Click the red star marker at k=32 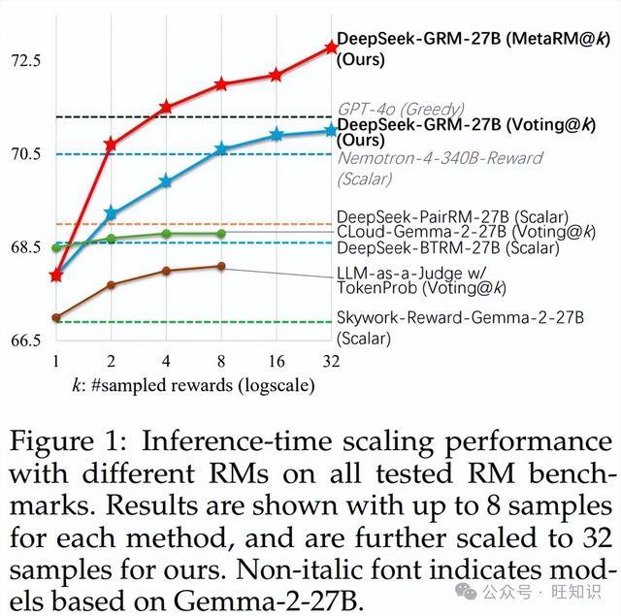point(331,48)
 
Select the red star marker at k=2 point(111,145)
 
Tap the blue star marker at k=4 point(166,181)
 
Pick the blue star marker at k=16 point(277,135)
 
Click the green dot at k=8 point(221,234)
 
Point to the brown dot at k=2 point(111,284)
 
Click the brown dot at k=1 point(56,317)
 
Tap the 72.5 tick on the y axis point(26,61)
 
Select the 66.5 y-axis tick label point(26,340)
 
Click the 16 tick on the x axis point(276,361)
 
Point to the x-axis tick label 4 point(166,361)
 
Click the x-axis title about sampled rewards point(194,385)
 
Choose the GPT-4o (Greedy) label point(401,109)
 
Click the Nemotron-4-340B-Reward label point(440,158)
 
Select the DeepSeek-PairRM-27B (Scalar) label point(453,217)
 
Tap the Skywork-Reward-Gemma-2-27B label point(460,317)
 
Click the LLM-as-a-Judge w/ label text point(411,273)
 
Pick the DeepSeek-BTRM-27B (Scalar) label point(448,248)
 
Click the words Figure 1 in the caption point(68,441)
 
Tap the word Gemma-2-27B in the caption point(268,601)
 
